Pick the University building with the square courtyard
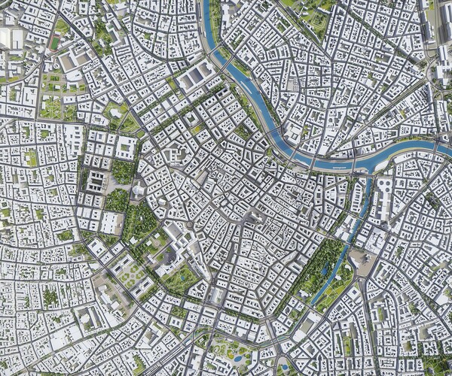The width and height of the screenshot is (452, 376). pos(124,147)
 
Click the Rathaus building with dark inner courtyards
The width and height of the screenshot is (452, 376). pos(97,180)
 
